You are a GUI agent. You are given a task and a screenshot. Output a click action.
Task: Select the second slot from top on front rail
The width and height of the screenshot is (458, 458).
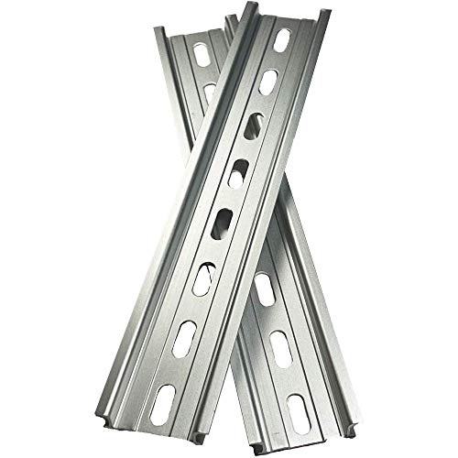click(268, 83)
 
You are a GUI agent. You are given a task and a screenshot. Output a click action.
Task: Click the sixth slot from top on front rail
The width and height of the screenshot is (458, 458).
click(208, 274)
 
